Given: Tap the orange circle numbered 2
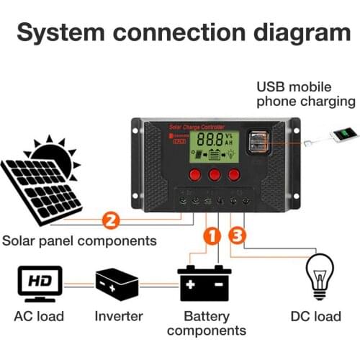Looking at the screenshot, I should click(x=111, y=219).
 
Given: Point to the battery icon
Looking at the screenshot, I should click(x=204, y=282).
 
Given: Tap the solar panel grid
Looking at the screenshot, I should click(x=41, y=190).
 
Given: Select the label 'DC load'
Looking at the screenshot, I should click(x=315, y=315).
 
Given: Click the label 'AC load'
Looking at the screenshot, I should click(x=39, y=315).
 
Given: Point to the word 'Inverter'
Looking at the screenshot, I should click(x=119, y=315).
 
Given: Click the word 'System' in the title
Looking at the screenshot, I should click(x=68, y=34).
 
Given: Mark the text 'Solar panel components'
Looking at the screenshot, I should click(x=79, y=240).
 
